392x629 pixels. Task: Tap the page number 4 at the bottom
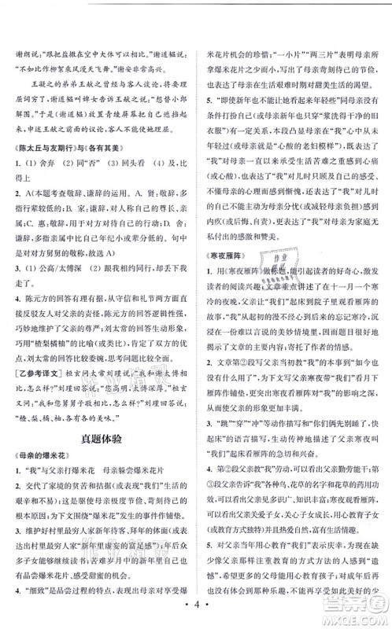point(197,611)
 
